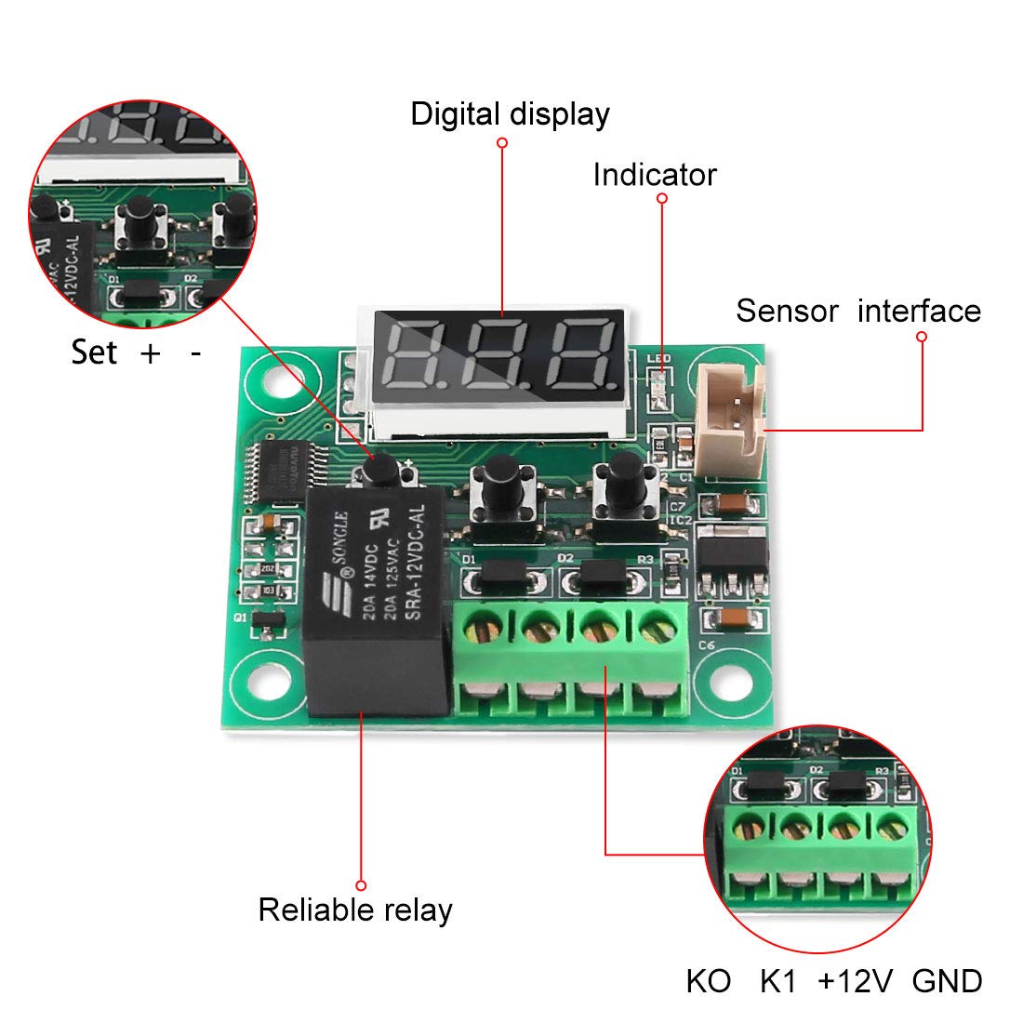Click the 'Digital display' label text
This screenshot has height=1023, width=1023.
pos(510,114)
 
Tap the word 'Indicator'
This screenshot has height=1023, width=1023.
pos(655,175)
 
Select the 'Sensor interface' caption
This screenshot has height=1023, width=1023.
pos(857,311)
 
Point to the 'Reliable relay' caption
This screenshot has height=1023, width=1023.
pos(354,910)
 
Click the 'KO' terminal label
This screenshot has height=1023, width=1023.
pos(709,981)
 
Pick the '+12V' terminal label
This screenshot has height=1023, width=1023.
pos(856,981)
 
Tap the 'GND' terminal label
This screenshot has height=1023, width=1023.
pos(947,981)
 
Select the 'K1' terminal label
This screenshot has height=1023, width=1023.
pos(778,981)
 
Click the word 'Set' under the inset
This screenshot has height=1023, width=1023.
pos(94,352)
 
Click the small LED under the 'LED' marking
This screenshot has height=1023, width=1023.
pos(660,381)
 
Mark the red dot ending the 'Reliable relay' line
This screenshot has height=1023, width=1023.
pos(361,885)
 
